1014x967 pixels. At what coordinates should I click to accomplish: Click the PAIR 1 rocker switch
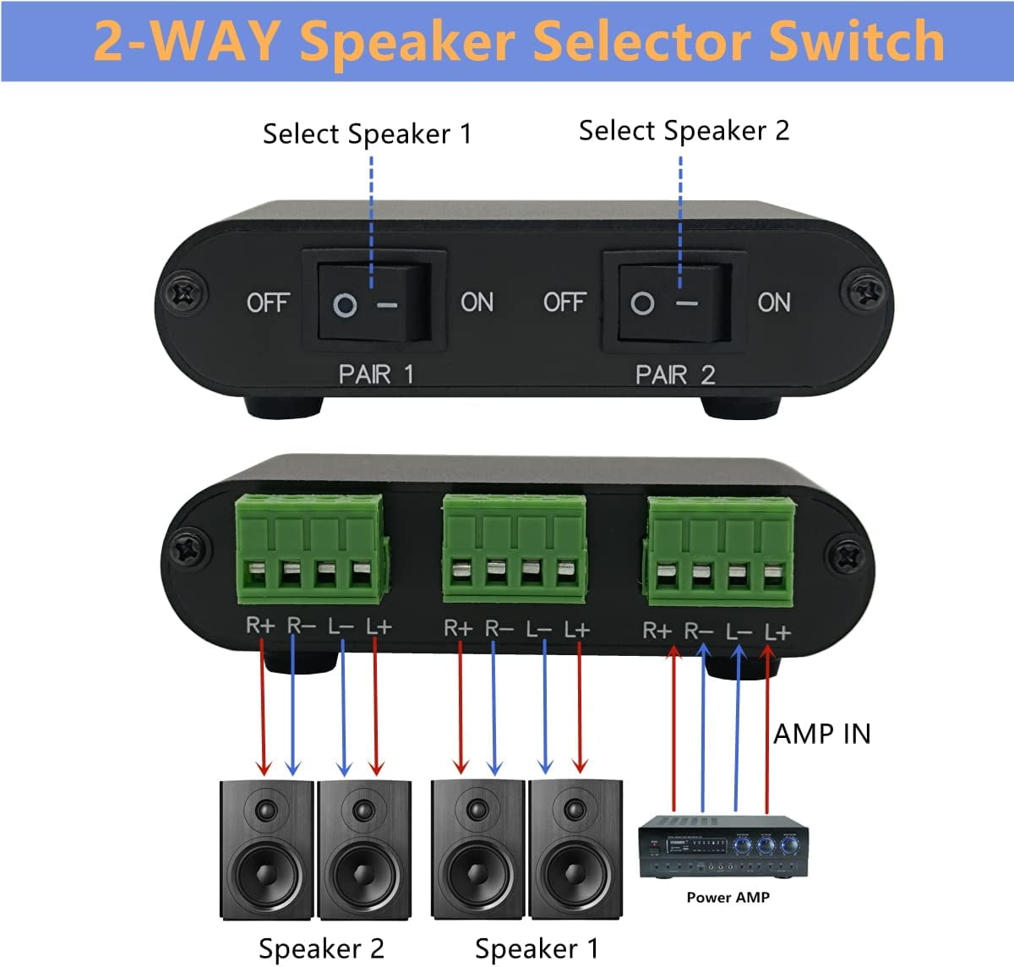374,302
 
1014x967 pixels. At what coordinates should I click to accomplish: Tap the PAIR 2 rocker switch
674,302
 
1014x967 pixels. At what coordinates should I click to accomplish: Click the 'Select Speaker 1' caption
368,134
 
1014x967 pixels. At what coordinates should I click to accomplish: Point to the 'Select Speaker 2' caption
684,130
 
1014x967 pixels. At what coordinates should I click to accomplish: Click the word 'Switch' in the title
857,41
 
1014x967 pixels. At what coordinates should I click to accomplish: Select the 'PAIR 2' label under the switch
675,374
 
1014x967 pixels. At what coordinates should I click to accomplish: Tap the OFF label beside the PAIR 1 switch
268,303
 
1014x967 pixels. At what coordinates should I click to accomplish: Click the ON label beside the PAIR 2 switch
774,303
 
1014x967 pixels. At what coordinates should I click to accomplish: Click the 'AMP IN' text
822,735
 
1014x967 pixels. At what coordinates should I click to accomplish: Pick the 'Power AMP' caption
728,898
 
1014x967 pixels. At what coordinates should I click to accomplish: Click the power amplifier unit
723,846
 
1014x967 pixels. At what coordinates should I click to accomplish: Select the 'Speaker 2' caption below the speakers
321,948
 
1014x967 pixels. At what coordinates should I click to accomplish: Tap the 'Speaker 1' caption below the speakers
537,948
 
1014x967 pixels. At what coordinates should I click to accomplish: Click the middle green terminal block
515,548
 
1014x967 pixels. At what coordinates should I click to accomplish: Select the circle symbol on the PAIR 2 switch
642,303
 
